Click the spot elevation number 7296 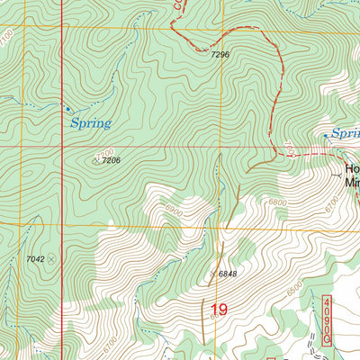point(220,55)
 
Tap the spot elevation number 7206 point(111,160)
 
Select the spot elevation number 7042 point(35,258)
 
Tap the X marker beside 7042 point(51,258)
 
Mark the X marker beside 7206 point(95,160)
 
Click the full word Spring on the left point(90,123)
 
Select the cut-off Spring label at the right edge point(346,133)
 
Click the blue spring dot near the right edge point(326,136)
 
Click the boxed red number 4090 point(327,320)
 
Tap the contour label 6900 point(173,209)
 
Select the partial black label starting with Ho point(352,172)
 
